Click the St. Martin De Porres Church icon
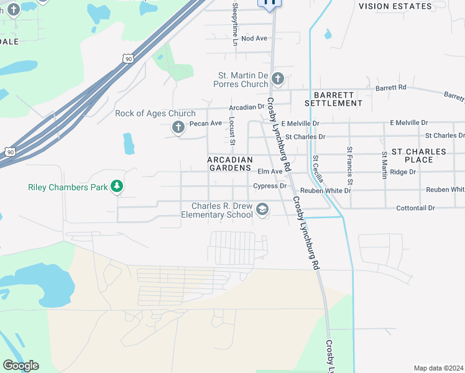click(x=278, y=79)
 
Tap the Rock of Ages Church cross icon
click(x=178, y=128)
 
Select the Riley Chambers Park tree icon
click(x=116, y=186)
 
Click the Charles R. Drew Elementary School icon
click(x=262, y=210)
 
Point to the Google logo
click(x=21, y=366)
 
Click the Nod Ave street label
click(x=254, y=39)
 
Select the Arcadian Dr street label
click(x=247, y=108)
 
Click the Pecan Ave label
click(x=206, y=123)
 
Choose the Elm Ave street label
click(x=270, y=171)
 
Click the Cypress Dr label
click(x=270, y=186)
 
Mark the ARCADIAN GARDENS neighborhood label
click(x=230, y=163)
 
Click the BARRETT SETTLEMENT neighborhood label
click(x=334, y=99)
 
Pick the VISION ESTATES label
click(x=395, y=6)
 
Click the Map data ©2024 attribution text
click(x=438, y=368)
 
